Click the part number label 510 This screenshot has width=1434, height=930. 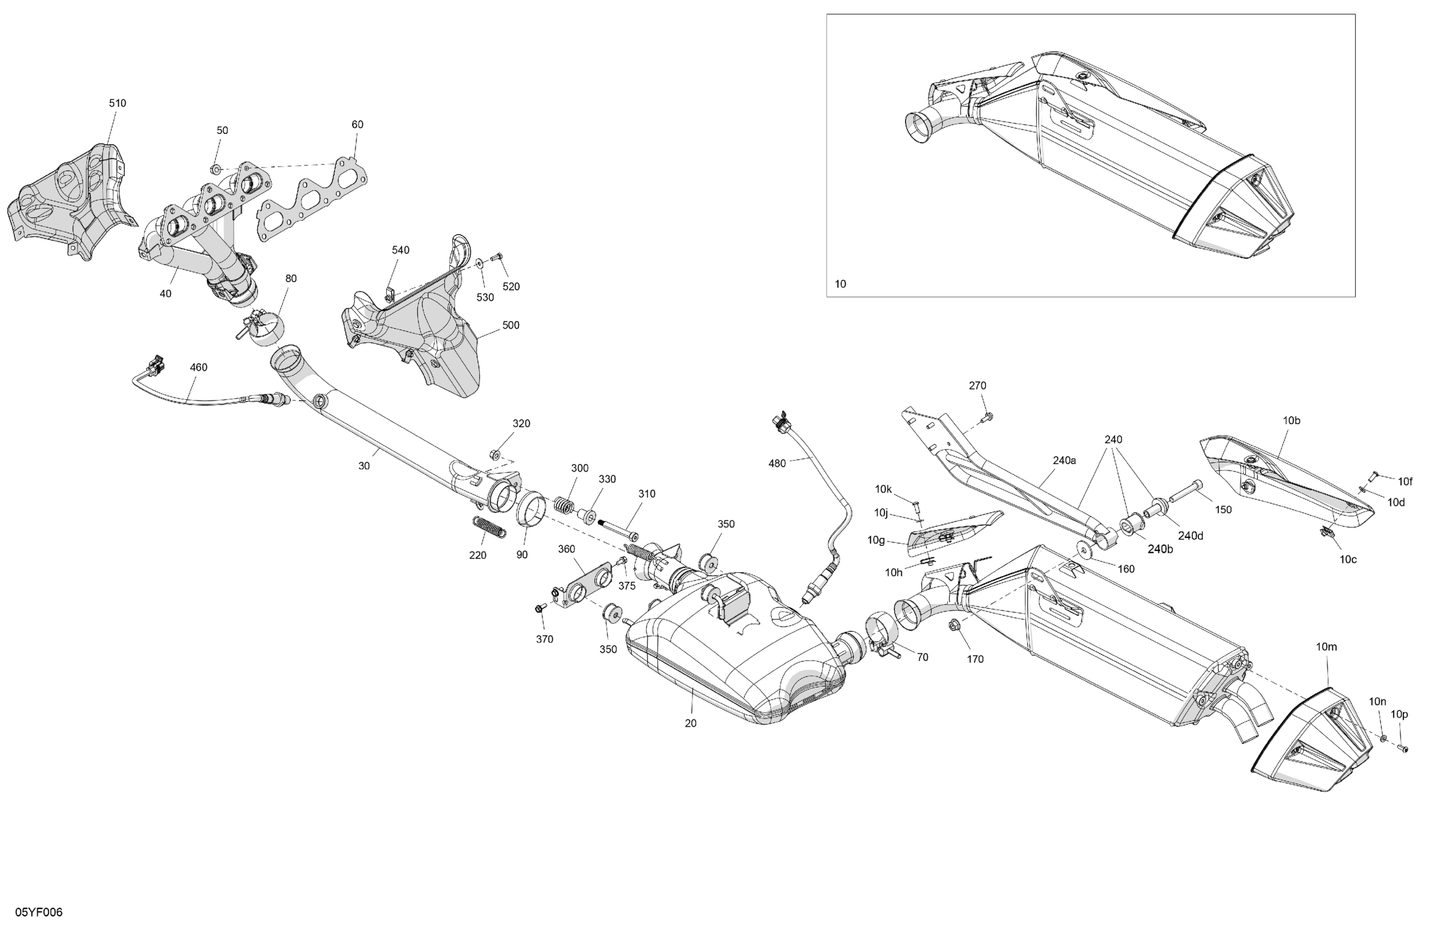click(x=118, y=103)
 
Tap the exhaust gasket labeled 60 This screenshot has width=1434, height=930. click(x=313, y=200)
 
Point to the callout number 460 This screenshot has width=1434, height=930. click(x=198, y=367)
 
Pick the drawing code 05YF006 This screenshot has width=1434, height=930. click(x=39, y=912)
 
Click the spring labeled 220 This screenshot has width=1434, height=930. click(x=488, y=527)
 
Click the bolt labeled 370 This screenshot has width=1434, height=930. click(x=539, y=608)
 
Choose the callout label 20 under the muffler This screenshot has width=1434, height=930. click(x=691, y=723)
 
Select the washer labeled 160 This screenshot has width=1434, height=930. click(x=1084, y=550)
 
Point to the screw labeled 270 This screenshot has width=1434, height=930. click(x=988, y=416)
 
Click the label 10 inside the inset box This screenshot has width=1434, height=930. click(x=841, y=284)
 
